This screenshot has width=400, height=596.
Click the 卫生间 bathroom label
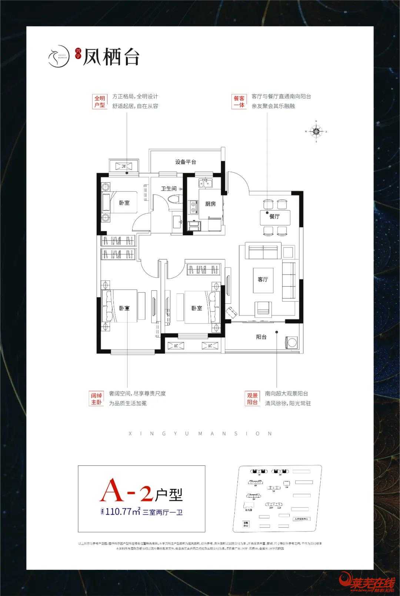[169, 189]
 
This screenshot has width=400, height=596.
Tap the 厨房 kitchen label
[210, 204]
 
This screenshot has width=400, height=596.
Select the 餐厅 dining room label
[274, 216]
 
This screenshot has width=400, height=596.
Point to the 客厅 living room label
[263, 279]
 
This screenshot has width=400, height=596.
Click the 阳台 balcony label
[261, 337]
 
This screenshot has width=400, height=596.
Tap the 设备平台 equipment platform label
[186, 162]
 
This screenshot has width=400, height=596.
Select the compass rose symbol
[316, 131]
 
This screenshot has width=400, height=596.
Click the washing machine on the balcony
[291, 342]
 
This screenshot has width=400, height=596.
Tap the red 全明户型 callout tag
[100, 101]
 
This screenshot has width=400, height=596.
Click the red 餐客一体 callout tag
[239, 101]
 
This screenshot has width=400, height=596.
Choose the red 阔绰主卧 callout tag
[97, 398]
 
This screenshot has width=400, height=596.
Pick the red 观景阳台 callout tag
[253, 398]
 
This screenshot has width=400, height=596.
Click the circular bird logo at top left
[59, 56]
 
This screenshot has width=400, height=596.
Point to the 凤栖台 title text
[111, 57]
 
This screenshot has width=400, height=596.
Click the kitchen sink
[204, 183]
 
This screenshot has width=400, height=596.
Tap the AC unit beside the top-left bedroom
[124, 166]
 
